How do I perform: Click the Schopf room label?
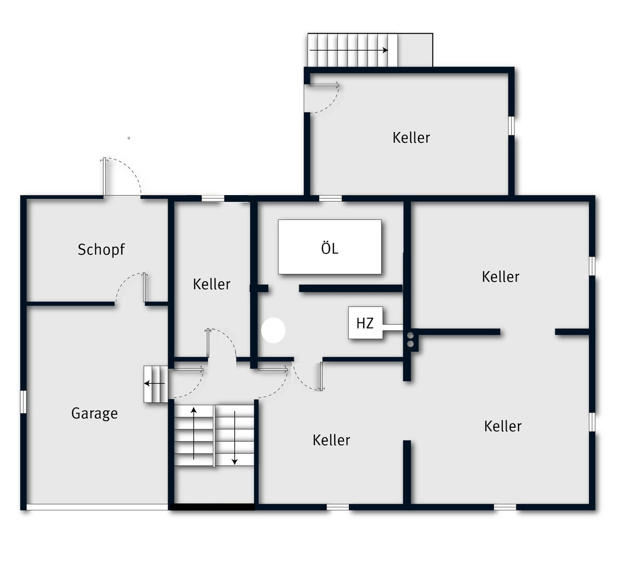pyautogui.click(x=101, y=250)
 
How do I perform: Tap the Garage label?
pyautogui.click(x=94, y=414)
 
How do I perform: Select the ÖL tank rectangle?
pyautogui.click(x=330, y=247)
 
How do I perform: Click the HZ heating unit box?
pyautogui.click(x=365, y=323)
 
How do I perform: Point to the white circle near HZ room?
pyautogui.click(x=273, y=330)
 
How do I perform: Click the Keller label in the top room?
pyautogui.click(x=411, y=138)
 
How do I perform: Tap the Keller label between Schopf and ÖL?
pyautogui.click(x=211, y=284)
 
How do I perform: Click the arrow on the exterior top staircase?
pyautogui.click(x=349, y=50)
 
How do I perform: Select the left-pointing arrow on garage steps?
pyautogui.click(x=154, y=384)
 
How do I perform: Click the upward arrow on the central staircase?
pyautogui.click(x=194, y=433)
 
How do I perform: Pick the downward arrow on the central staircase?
pyautogui.click(x=234, y=438)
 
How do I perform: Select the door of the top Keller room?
pyautogui.click(x=322, y=97)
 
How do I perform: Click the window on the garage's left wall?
pyautogui.click(x=23, y=402)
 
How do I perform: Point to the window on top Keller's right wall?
pyautogui.click(x=511, y=126)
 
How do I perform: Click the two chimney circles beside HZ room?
pyautogui.click(x=410, y=340)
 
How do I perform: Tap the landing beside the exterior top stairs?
pyautogui.click(x=415, y=50)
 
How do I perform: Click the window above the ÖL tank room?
pyautogui.click(x=331, y=198)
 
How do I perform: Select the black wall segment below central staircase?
pyautogui.click(x=212, y=507)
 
